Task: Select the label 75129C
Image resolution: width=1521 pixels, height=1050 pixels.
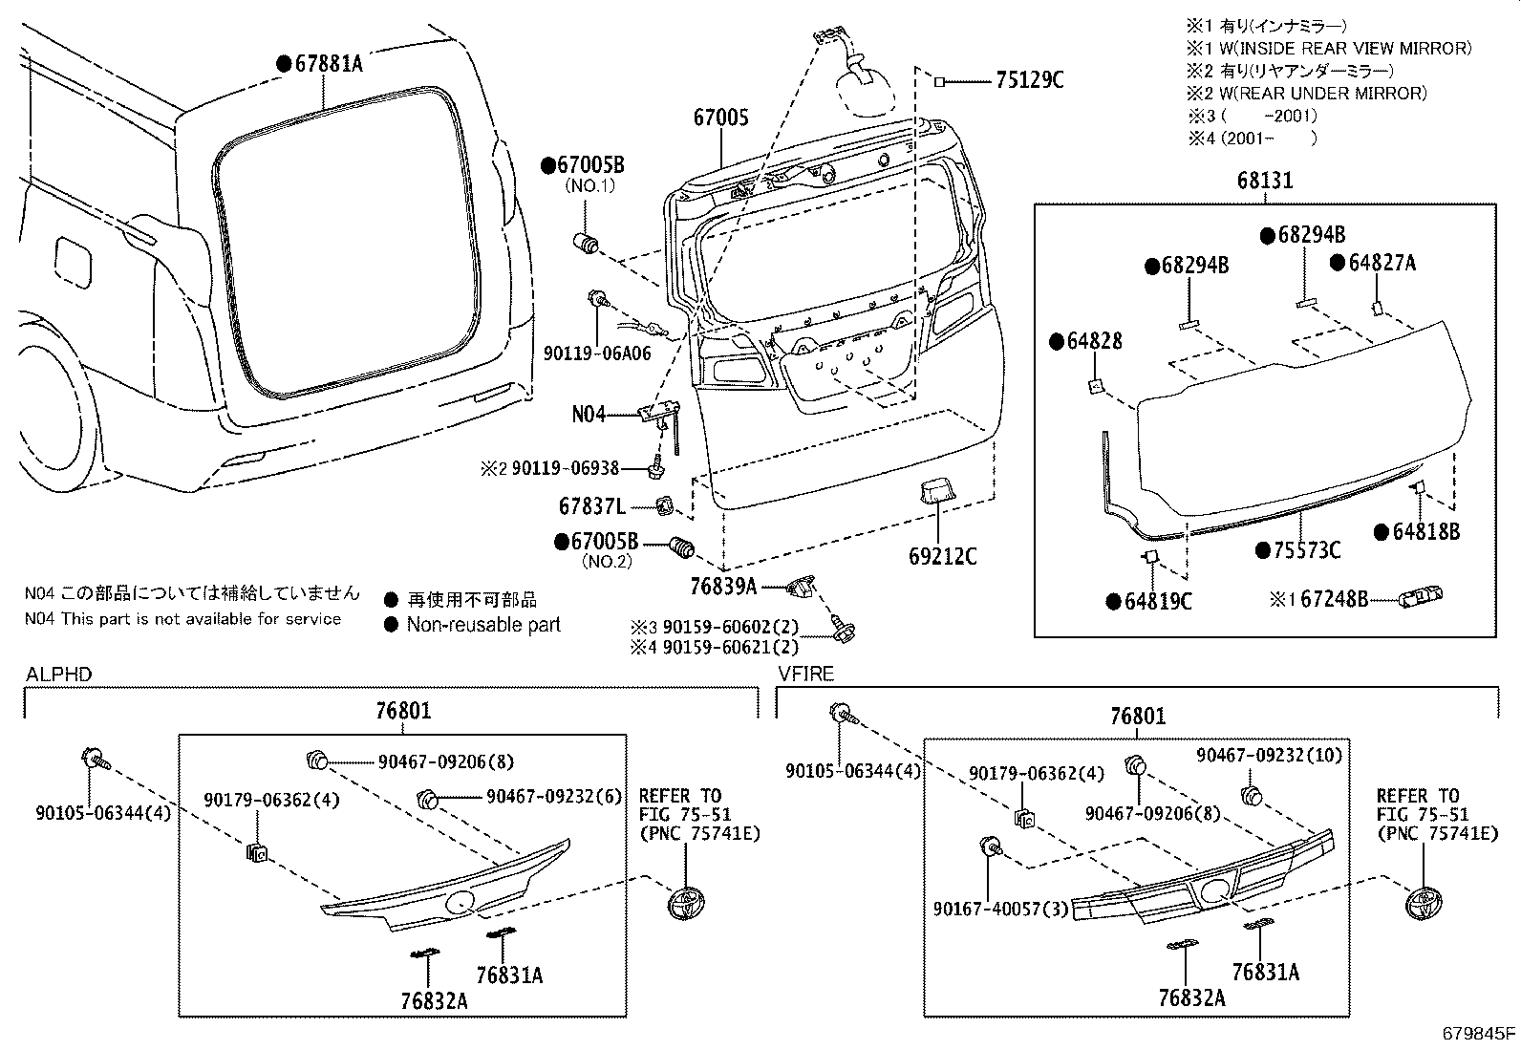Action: point(1029,81)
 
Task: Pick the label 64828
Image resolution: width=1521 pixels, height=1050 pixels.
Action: point(1094,341)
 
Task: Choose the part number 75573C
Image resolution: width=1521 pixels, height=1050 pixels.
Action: point(1307,550)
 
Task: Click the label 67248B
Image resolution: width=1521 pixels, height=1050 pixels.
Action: point(1335,599)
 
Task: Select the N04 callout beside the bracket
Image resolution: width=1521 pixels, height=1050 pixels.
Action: point(589,415)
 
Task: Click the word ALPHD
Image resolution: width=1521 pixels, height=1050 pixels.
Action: point(58,675)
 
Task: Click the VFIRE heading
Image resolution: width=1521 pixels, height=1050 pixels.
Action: point(805,674)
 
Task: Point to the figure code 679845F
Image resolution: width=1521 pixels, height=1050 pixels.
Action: point(1479,1033)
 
